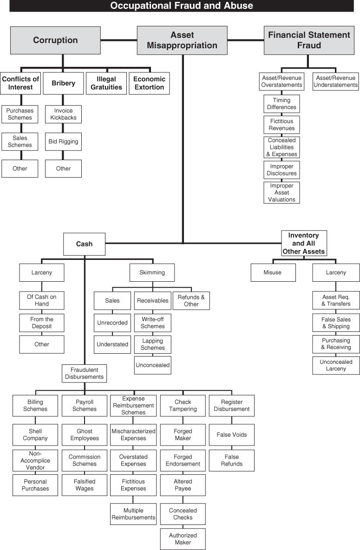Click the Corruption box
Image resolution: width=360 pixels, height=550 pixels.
55,40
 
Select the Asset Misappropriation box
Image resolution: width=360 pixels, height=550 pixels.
182,40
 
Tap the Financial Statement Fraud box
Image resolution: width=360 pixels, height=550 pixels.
309,40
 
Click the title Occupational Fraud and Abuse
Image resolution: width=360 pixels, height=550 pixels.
182,6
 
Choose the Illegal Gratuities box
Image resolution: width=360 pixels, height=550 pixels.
106,83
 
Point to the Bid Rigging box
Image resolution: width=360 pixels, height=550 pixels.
63,142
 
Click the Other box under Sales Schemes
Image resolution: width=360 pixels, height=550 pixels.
20,168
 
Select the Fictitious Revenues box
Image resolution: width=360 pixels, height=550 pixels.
281,124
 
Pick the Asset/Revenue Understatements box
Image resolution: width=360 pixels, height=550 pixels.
336,81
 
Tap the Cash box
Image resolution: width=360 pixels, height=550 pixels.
84,244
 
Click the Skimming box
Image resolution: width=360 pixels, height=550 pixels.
152,272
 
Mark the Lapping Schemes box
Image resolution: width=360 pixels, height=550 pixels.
152,344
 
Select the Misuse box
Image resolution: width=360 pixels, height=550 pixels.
273,272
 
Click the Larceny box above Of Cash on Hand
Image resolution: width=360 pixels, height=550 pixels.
41,272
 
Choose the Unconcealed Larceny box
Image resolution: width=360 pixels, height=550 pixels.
336,365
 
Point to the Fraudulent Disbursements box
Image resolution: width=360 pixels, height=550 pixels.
84,373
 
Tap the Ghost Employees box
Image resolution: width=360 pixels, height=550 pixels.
85,434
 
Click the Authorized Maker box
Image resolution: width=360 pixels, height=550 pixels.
183,539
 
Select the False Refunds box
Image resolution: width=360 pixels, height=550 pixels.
231,460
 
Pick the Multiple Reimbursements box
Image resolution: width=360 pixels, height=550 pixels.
133,514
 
